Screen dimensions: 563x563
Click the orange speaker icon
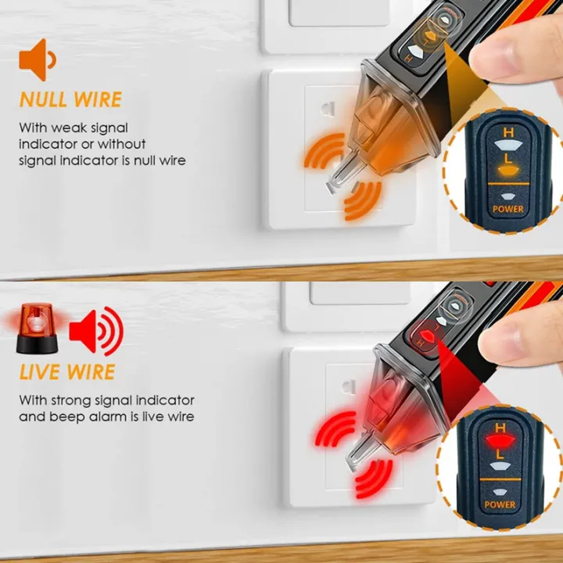37,59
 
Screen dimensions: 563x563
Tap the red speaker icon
95,331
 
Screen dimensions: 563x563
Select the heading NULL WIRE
70,100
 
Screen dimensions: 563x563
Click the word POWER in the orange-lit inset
507,209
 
